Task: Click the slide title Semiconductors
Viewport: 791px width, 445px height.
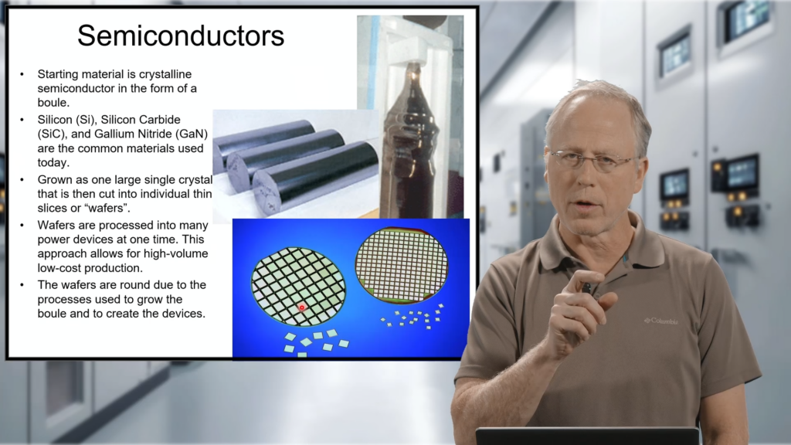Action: click(180, 36)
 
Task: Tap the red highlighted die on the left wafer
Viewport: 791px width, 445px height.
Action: click(302, 307)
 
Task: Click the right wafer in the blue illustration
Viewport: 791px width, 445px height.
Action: click(401, 266)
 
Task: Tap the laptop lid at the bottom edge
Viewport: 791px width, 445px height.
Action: click(587, 436)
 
